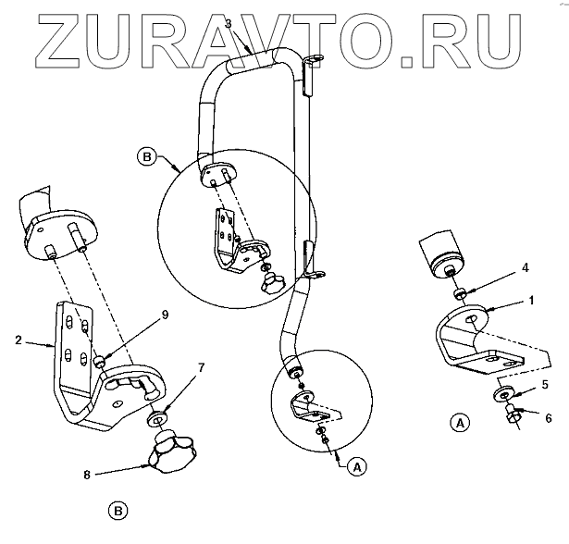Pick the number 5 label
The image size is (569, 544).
coord(544,383)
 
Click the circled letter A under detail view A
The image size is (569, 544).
coord(457,425)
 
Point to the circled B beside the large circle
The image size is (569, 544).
coord(146,156)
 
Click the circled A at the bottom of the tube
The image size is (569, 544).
coord(353,468)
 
